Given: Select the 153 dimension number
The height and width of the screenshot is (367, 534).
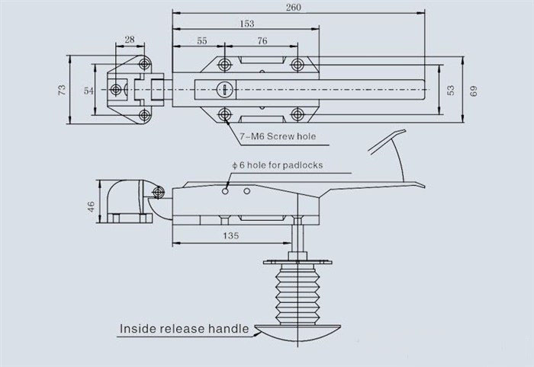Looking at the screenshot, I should pos(247,24).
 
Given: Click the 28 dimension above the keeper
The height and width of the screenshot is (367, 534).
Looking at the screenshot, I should pos(129,40).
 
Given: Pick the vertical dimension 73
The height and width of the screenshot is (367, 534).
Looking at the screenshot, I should pos(62,90).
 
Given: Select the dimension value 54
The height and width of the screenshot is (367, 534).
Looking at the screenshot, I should pos(88,90).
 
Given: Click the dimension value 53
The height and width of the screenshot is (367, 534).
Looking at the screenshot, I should pos(449,90).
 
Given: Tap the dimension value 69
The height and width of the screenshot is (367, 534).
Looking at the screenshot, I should pos(473,90).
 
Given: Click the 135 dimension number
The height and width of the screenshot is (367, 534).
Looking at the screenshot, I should pos(231,236).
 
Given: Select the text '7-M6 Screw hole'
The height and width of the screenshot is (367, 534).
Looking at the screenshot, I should pos(277,137).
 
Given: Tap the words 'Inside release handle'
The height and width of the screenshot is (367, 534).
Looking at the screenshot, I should pos(184,329).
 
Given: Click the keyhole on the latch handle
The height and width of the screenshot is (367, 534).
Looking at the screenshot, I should pos(224,90).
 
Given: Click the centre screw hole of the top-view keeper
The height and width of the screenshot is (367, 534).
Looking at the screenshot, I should pos(116,89).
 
